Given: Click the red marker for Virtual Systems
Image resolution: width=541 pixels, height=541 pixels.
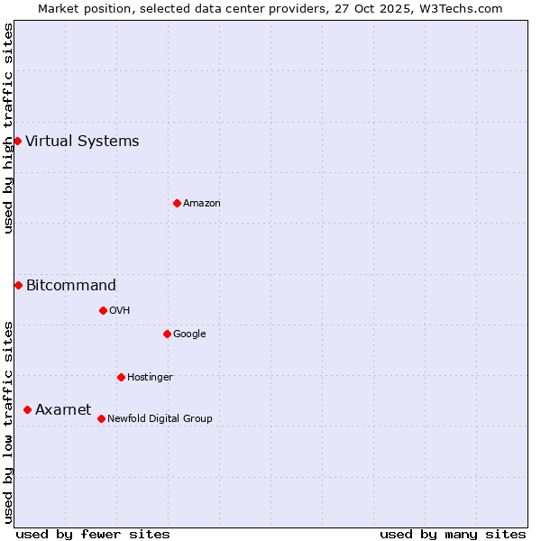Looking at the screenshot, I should (x=17, y=141).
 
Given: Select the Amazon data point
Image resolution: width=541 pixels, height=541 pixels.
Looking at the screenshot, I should (x=177, y=203).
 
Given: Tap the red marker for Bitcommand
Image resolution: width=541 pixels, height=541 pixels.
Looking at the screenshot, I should (x=18, y=285).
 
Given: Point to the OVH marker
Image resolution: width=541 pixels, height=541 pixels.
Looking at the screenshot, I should (x=103, y=310).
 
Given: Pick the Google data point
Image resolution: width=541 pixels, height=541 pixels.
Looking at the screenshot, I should (x=167, y=334).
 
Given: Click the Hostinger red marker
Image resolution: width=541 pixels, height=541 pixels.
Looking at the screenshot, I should (x=121, y=377).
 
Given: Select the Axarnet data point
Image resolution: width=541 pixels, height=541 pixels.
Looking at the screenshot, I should (x=27, y=409).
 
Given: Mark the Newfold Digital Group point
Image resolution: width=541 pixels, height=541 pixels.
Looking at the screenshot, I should (x=101, y=418).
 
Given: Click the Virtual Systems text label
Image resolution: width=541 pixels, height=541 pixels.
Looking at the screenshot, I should (x=82, y=141).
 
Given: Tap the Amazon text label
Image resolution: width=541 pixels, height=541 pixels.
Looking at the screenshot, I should (x=202, y=203).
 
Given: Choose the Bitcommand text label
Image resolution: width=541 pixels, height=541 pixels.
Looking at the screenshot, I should (x=71, y=286).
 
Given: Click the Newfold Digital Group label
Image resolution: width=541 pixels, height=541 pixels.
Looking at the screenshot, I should (x=160, y=418).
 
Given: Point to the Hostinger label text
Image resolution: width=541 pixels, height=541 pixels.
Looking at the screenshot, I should (x=150, y=377).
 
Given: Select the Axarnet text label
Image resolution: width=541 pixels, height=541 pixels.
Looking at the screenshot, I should (x=63, y=409).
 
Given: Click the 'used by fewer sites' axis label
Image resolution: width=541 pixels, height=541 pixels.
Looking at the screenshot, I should (x=93, y=534).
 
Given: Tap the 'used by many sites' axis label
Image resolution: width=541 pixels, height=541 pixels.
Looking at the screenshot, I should (x=453, y=534).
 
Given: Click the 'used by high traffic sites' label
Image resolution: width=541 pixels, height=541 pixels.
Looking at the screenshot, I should (x=8, y=128).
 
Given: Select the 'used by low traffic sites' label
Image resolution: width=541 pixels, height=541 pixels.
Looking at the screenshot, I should (x=8, y=422).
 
